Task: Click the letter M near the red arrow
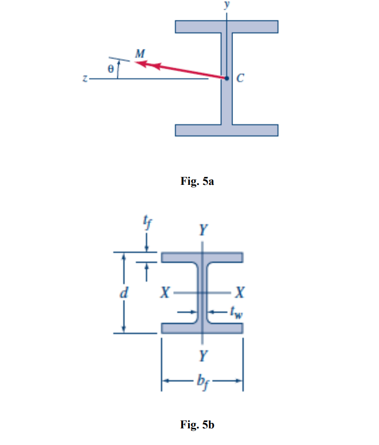140,54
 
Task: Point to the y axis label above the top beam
226,4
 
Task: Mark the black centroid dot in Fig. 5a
226,78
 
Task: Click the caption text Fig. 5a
197,182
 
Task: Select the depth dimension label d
125,293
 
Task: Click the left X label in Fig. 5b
166,293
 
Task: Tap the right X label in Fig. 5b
239,293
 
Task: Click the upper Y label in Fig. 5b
202,229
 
